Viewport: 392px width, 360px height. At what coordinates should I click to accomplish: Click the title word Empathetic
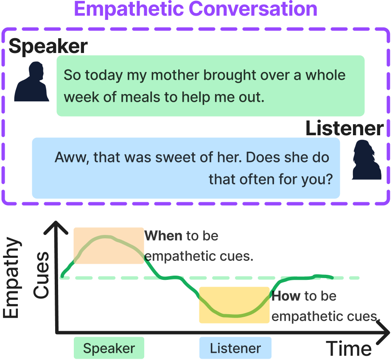[x=129, y=9]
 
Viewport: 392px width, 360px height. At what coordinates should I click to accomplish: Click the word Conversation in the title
[x=253, y=9]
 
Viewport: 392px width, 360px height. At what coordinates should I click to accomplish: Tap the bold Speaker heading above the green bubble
[x=48, y=47]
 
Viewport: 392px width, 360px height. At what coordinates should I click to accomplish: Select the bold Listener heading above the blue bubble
[x=344, y=128]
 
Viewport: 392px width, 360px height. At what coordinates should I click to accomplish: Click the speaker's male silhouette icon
[x=31, y=81]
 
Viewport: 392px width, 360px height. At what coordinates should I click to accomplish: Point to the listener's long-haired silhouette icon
[x=367, y=160]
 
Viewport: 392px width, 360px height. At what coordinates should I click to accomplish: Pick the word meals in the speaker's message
[x=140, y=97]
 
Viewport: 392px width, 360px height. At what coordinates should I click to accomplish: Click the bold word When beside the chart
[x=163, y=236]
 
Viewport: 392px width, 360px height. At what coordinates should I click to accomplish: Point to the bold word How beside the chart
[x=286, y=296]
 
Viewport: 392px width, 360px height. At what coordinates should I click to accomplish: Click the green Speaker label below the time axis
[x=109, y=348]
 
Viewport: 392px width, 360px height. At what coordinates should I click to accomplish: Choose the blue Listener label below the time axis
[x=235, y=348]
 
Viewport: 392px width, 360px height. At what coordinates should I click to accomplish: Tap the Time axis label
[x=349, y=349]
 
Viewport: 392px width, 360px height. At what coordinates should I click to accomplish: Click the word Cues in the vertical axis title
[x=42, y=275]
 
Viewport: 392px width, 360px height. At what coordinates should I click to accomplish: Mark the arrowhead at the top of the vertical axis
[x=56, y=222]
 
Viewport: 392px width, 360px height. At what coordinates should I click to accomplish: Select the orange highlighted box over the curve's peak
[x=109, y=246]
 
